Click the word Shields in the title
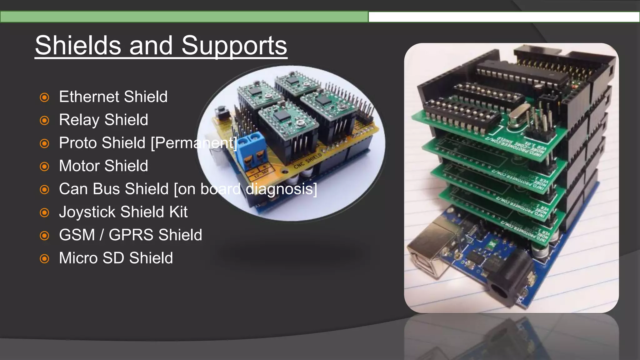pyautogui.click(x=78, y=46)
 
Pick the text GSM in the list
pyautogui.click(x=77, y=235)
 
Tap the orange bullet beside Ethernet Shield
pyautogui.click(x=45, y=97)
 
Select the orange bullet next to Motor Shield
pyautogui.click(x=45, y=167)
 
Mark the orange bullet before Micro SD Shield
pyautogui.click(x=45, y=259)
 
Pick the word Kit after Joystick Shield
pyautogui.click(x=178, y=212)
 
